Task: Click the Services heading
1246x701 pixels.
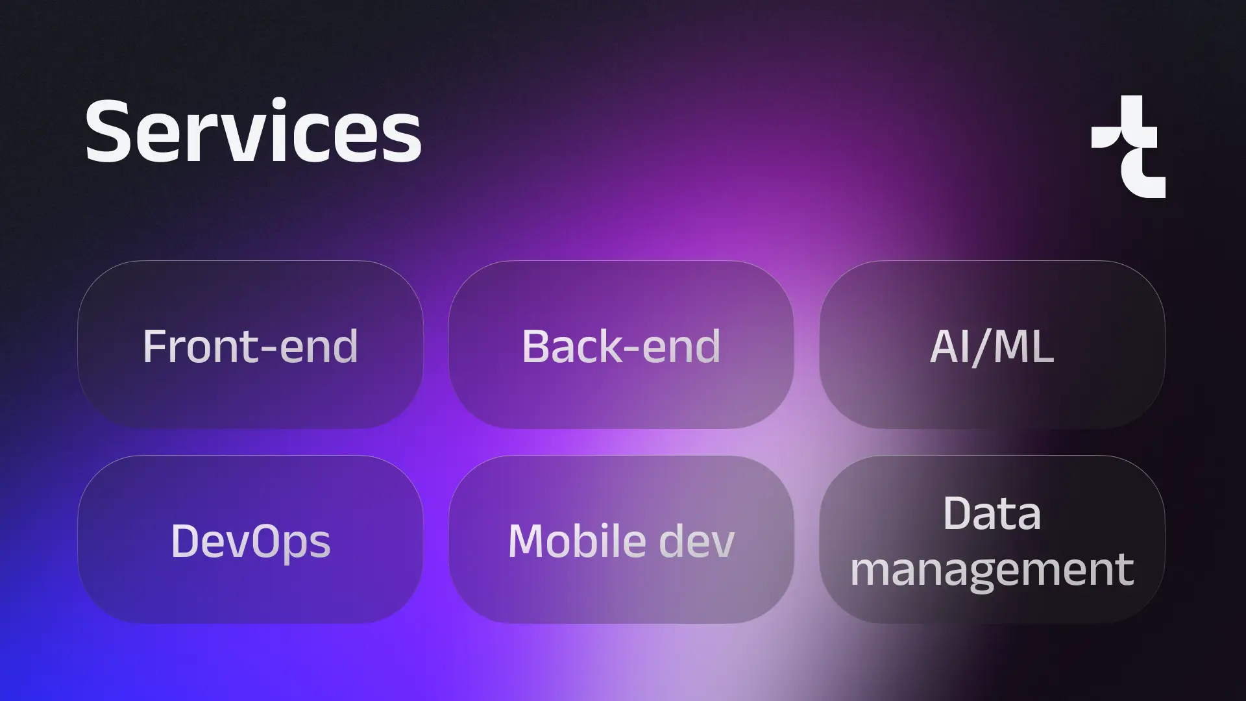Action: pos(253,132)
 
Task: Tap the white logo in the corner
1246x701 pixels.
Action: pos(1129,147)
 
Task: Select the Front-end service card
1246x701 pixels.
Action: pos(250,345)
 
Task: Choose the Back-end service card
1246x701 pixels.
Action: pos(621,345)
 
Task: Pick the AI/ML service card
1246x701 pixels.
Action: pos(992,345)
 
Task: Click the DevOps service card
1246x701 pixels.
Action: pos(250,539)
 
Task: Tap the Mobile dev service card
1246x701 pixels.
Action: pos(621,539)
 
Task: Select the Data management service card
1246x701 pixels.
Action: pos(992,539)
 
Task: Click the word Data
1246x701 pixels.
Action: pos(992,513)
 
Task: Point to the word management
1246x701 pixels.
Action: pos(992,570)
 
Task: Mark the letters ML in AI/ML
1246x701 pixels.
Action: pos(1023,346)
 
